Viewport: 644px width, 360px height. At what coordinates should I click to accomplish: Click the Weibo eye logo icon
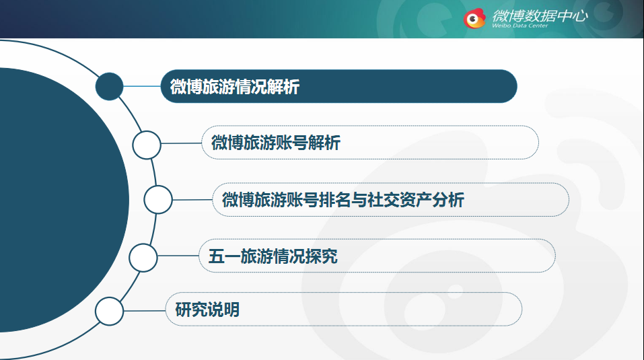tap(474, 18)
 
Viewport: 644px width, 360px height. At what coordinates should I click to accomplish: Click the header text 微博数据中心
tap(540, 15)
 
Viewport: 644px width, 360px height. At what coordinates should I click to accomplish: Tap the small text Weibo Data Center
tap(520, 26)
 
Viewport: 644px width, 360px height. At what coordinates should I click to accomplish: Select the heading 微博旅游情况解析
tap(234, 87)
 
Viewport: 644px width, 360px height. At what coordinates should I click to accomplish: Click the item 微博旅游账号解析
tap(276, 143)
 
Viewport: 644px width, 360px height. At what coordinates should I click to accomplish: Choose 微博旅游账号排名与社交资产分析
tap(343, 200)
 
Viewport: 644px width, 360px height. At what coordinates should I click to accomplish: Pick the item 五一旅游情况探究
tap(273, 256)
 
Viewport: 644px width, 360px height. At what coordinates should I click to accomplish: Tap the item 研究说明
tap(207, 310)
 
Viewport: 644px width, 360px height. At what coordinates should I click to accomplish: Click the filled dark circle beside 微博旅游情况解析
tap(109, 86)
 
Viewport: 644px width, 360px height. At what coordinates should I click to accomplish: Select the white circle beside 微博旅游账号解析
tap(147, 145)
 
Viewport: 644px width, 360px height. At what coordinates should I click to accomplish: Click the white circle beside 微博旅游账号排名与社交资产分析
tap(158, 199)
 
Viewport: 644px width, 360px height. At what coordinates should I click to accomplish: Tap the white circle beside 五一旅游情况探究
tap(143, 258)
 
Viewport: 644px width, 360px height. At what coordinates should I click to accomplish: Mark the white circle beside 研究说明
tap(109, 311)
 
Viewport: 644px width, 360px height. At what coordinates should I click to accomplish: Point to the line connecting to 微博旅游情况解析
tap(142, 86)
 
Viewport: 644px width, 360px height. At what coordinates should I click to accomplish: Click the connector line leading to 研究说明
tap(145, 311)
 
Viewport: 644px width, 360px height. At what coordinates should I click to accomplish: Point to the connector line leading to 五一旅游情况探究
tap(178, 256)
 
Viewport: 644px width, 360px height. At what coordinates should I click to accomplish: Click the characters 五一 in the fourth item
tap(224, 256)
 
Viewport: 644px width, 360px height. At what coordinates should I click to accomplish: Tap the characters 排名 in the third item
tap(334, 200)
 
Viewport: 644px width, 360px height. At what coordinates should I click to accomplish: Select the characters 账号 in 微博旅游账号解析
tap(292, 143)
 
